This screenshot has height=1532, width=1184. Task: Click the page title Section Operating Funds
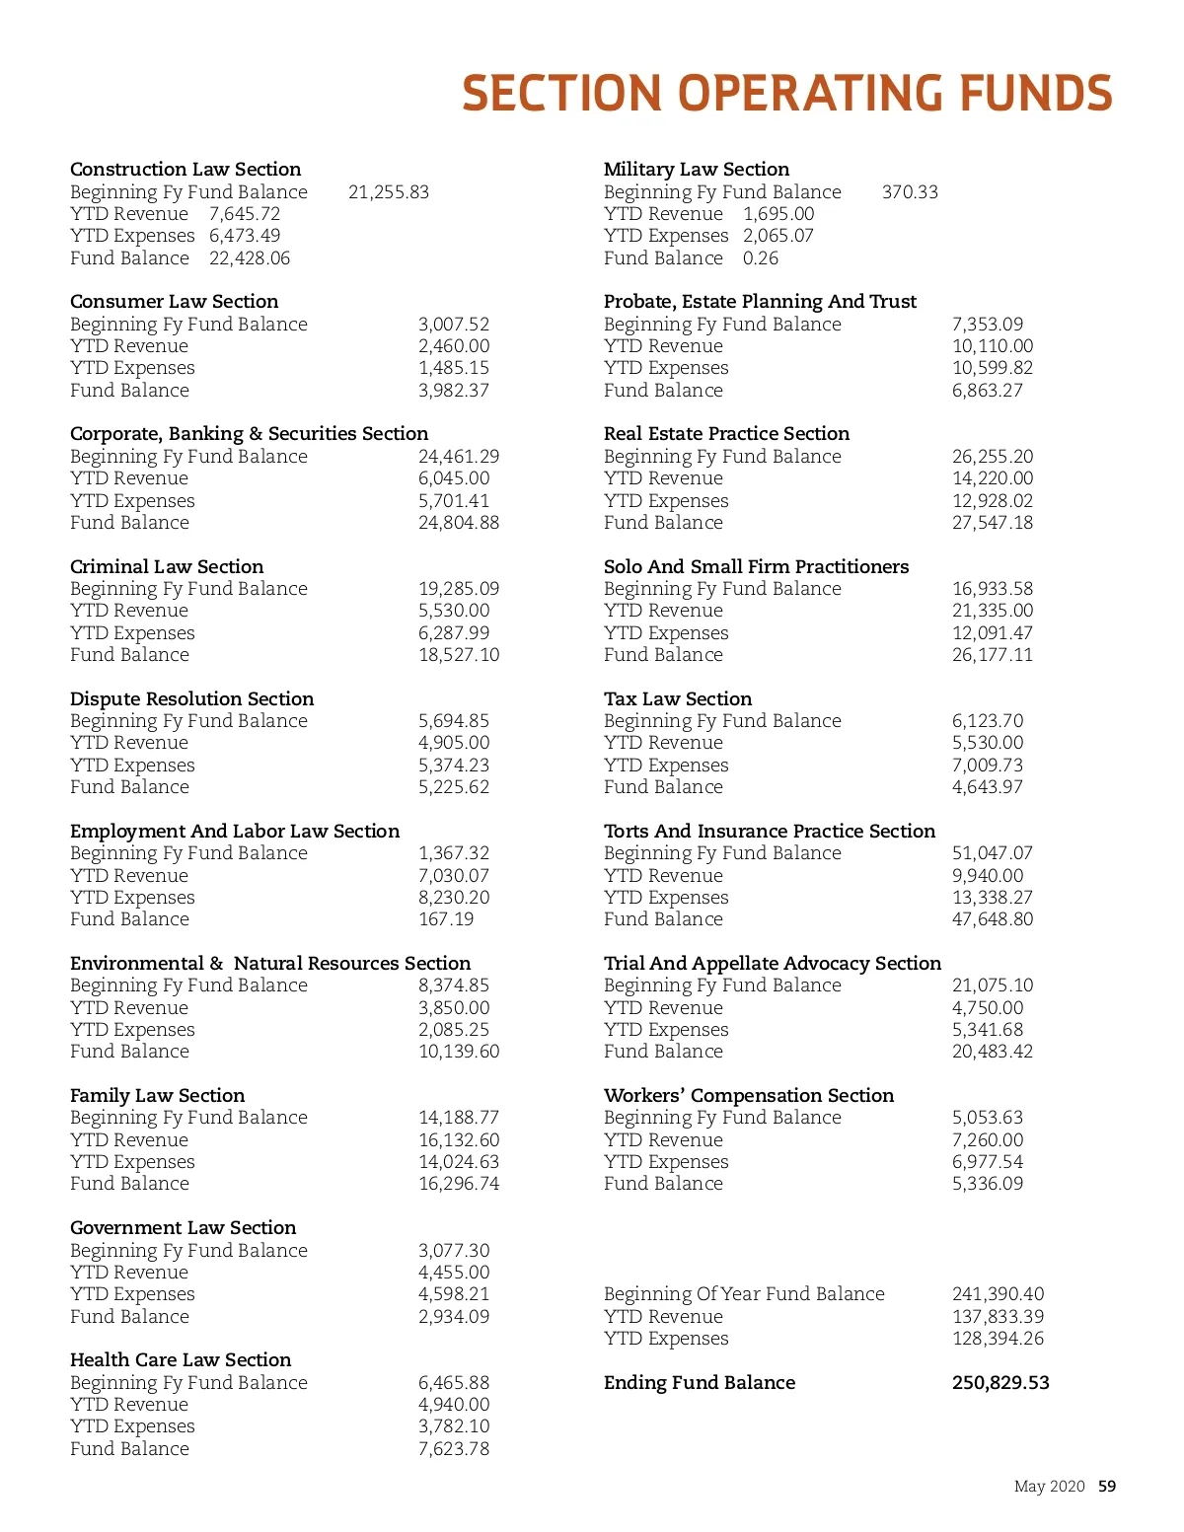tap(786, 94)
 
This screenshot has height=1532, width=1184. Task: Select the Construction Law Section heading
tap(185, 169)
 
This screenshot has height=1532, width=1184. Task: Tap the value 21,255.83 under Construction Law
tap(389, 191)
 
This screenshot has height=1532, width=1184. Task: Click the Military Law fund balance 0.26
tap(761, 257)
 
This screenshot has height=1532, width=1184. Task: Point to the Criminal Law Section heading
tap(167, 566)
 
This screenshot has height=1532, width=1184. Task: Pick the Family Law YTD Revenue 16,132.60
tap(459, 1139)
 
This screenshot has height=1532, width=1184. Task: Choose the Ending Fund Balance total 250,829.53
tap(1000, 1382)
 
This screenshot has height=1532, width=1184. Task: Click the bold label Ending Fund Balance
tap(700, 1382)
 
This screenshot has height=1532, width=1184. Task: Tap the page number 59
tap(1107, 1486)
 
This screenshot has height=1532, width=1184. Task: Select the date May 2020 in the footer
tap(1049, 1486)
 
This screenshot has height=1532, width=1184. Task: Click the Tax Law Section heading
tap(678, 698)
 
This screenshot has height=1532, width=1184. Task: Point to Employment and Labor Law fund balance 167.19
tap(446, 918)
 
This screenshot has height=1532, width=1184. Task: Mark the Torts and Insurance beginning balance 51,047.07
tap(993, 852)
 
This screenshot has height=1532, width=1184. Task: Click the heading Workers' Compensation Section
tap(749, 1095)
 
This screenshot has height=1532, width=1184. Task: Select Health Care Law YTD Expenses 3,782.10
tap(454, 1425)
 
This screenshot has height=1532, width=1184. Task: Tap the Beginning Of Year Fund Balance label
tap(744, 1293)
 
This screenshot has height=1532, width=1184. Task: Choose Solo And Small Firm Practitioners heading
tap(757, 566)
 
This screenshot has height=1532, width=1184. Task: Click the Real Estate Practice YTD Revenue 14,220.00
tap(993, 477)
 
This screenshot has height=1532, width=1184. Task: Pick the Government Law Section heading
tap(183, 1227)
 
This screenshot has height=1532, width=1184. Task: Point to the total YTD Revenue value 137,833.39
tap(998, 1316)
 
